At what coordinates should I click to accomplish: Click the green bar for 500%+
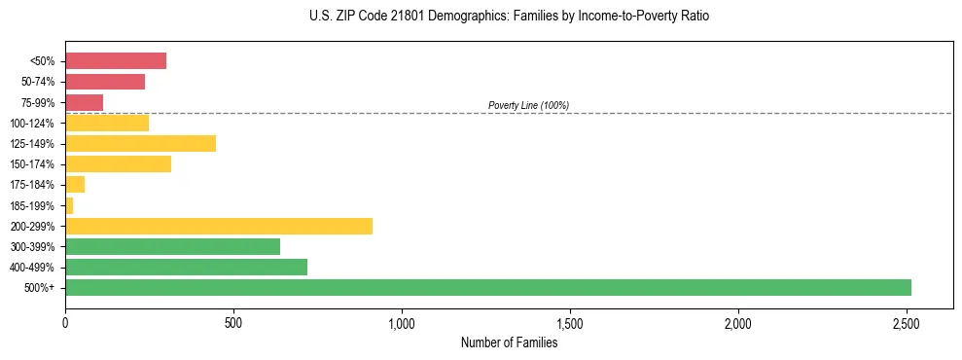click(x=487, y=287)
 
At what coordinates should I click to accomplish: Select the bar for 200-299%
click(x=219, y=226)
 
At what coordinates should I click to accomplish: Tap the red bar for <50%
click(x=116, y=61)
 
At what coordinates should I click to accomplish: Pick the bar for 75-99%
click(x=84, y=102)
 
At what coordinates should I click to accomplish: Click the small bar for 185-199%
click(x=69, y=205)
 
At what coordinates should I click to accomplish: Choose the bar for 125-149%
click(x=140, y=143)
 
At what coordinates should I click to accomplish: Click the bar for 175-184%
click(x=75, y=185)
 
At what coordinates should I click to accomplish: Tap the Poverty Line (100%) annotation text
click(x=528, y=105)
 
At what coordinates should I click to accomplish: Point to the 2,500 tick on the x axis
click(x=907, y=322)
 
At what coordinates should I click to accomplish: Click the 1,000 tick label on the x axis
click(x=402, y=322)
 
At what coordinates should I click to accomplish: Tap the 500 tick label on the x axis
click(x=233, y=322)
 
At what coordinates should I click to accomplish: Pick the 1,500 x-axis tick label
click(x=570, y=322)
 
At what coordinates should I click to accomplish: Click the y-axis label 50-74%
click(x=38, y=82)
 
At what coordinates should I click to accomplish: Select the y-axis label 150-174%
click(x=34, y=164)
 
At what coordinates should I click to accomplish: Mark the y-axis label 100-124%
click(x=34, y=124)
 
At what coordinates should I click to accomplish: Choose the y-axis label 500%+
click(x=41, y=288)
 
